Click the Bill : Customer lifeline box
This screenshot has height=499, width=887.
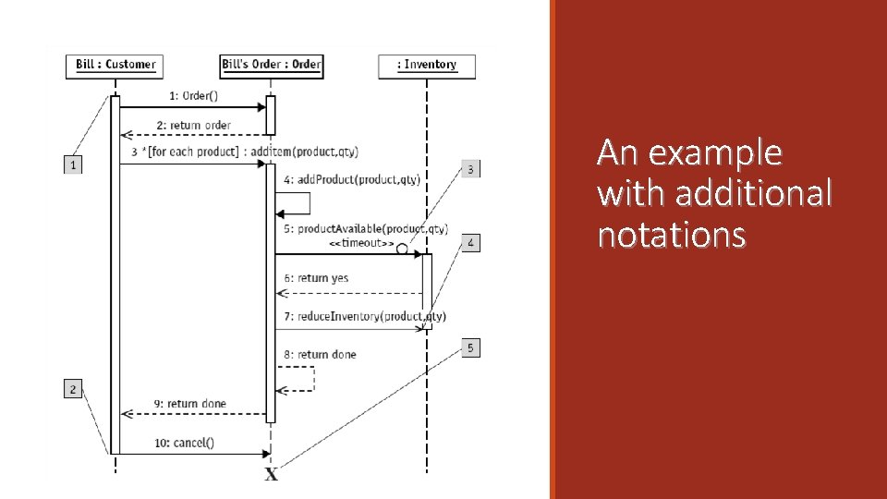115,65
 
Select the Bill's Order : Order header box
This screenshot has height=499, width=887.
272,65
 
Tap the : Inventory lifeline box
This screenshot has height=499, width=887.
427,65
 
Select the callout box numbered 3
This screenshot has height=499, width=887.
470,169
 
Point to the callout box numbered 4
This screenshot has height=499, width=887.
470,243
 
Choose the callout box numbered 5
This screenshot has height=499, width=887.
470,347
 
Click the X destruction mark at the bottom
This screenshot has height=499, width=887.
272,475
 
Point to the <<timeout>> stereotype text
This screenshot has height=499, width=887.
361,243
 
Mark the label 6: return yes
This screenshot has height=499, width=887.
316,277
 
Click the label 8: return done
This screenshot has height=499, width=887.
320,354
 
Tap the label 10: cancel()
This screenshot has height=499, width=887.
184,442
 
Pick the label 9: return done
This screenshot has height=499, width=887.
189,404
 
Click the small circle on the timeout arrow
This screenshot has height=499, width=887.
402,249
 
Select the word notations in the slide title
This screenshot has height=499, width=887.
672,236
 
